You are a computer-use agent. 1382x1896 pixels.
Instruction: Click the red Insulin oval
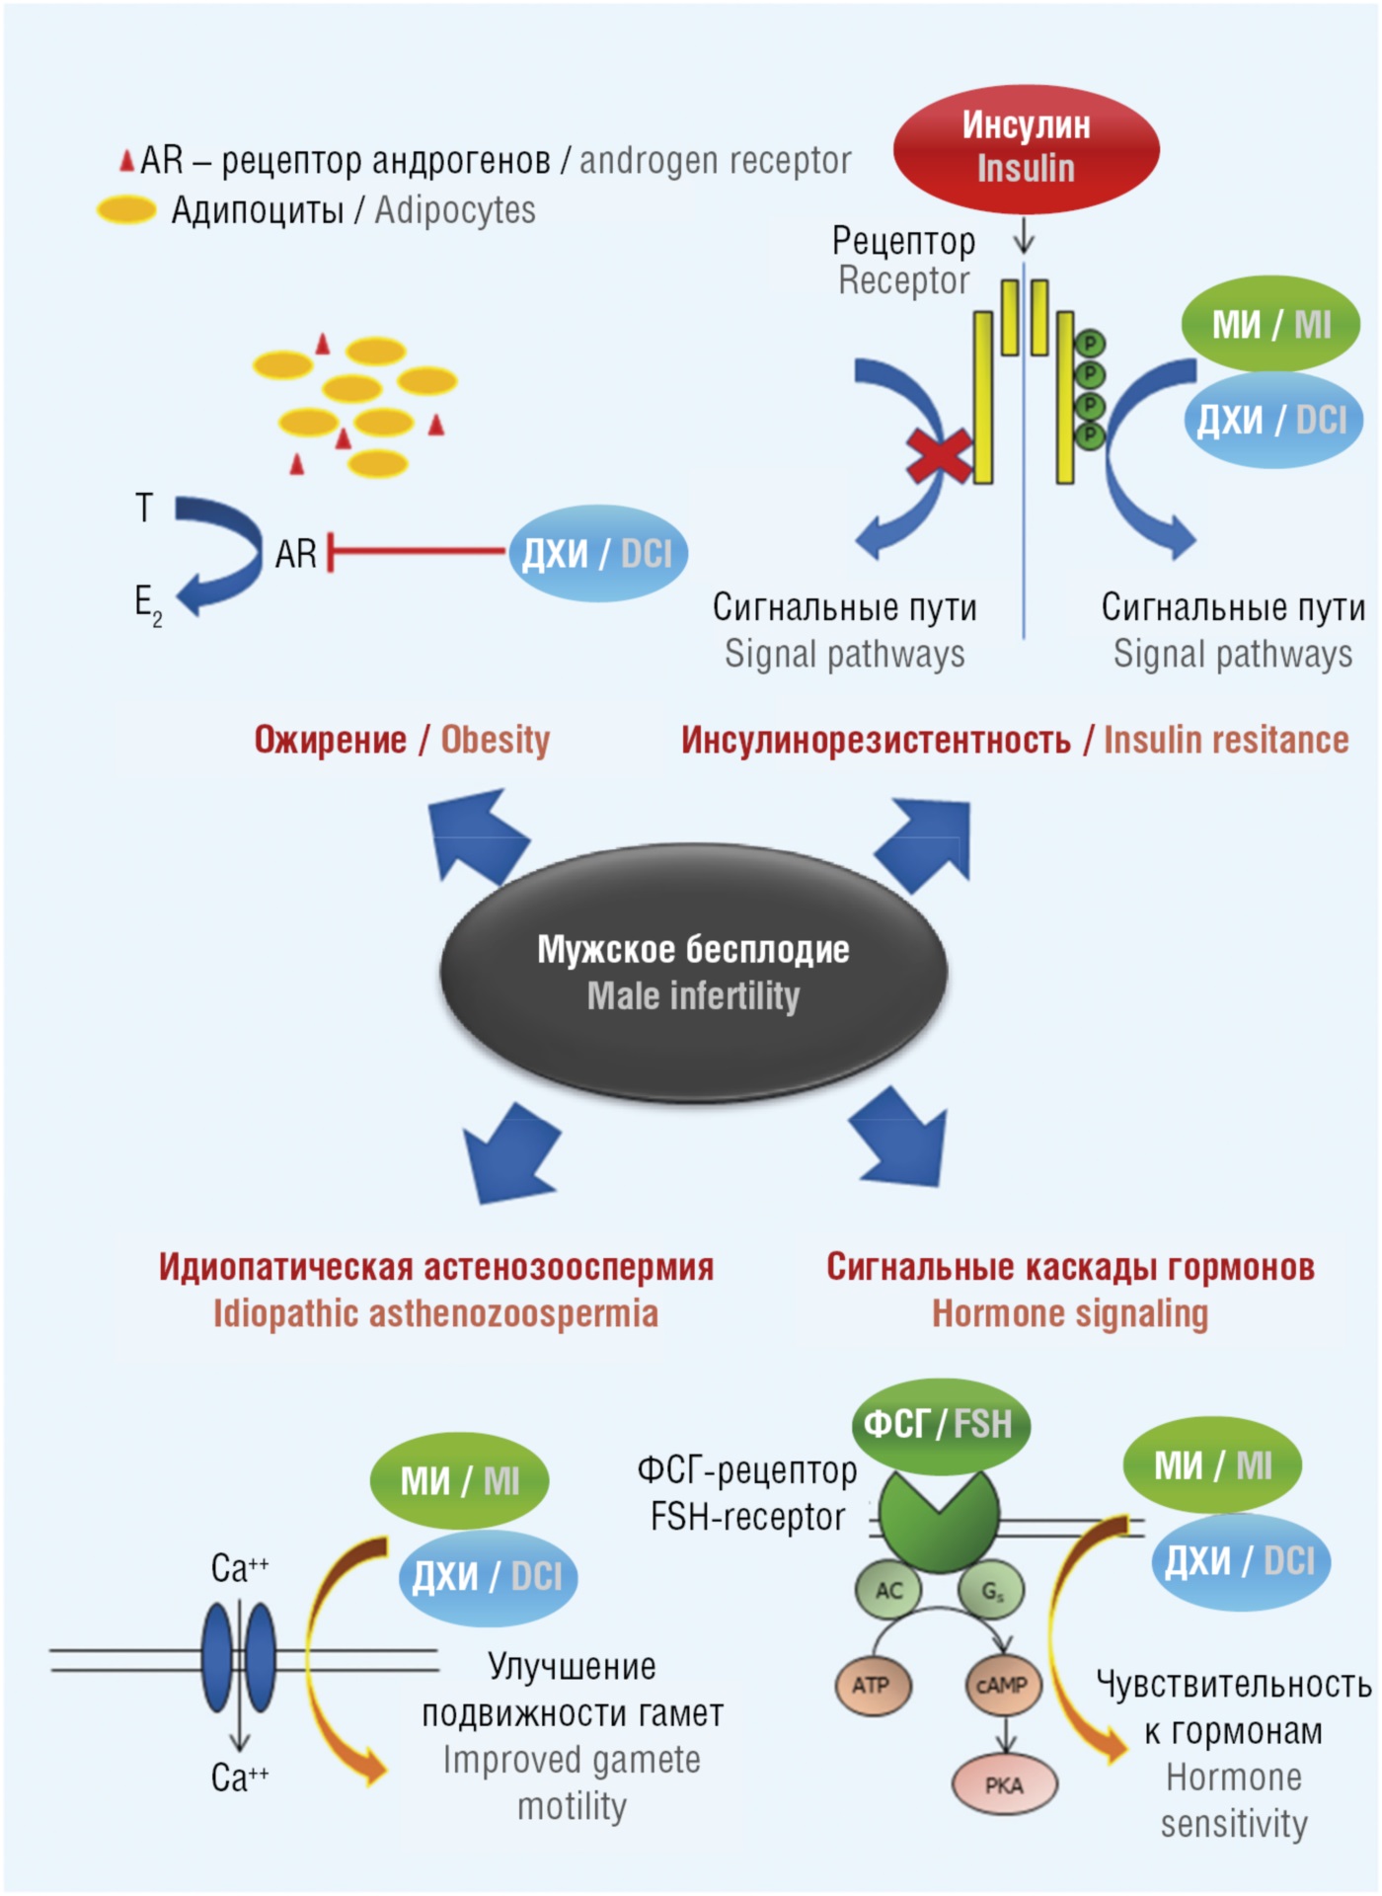coord(1026,148)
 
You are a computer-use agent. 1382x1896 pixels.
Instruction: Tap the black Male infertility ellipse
coord(693,973)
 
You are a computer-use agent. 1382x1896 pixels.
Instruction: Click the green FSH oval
coord(940,1425)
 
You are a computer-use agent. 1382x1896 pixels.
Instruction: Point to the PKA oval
coord(1004,1784)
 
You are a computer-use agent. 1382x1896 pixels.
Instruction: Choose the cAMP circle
coord(1002,1685)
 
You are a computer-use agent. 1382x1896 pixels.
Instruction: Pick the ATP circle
coord(872,1685)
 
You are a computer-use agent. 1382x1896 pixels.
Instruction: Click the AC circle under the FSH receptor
coord(889,1590)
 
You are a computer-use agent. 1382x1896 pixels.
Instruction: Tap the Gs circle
coord(991,1590)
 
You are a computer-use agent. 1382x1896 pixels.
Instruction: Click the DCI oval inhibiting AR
coord(597,553)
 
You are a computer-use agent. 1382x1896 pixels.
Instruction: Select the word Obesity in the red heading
coord(495,740)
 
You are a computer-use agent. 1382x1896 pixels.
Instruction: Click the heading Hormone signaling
coord(1070,1313)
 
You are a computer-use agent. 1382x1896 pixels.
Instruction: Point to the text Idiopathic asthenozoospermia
coord(435,1313)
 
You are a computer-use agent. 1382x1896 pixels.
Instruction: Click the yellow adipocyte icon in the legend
coord(126,210)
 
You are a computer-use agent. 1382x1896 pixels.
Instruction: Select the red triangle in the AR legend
coord(126,160)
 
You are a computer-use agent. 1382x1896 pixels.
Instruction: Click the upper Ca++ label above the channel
coord(239,1567)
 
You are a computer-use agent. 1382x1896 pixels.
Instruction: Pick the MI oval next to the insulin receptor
coord(1271,324)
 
